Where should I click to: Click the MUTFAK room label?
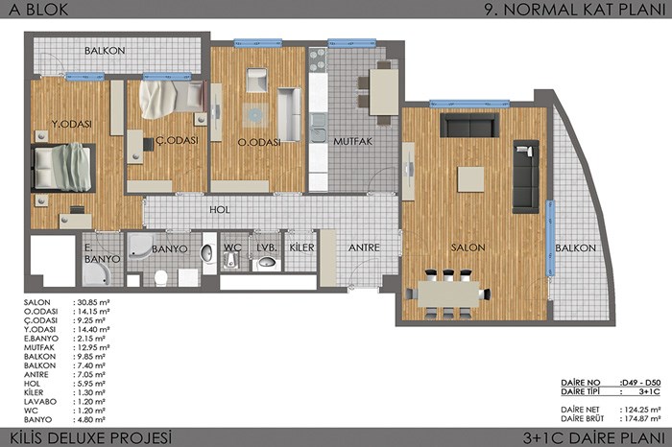click(352, 141)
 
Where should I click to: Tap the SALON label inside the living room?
click(468, 247)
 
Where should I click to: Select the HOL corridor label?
click(220, 209)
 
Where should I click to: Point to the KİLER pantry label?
click(301, 247)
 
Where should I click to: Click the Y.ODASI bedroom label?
click(72, 124)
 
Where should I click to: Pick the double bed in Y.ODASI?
click(62, 167)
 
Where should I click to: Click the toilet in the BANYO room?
click(160, 277)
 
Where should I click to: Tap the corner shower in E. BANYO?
click(97, 274)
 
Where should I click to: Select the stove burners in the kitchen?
click(318, 59)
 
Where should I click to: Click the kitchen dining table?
click(384, 92)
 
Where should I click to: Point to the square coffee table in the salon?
click(470, 179)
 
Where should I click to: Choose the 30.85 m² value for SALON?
click(92, 302)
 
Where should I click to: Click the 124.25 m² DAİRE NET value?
click(640, 410)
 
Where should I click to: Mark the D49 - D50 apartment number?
click(640, 383)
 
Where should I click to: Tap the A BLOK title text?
click(38, 10)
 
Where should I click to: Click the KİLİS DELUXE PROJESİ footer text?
click(90, 438)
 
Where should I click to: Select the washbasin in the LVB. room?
click(267, 262)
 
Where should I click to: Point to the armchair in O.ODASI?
click(256, 80)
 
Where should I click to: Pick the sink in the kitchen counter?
click(318, 128)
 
